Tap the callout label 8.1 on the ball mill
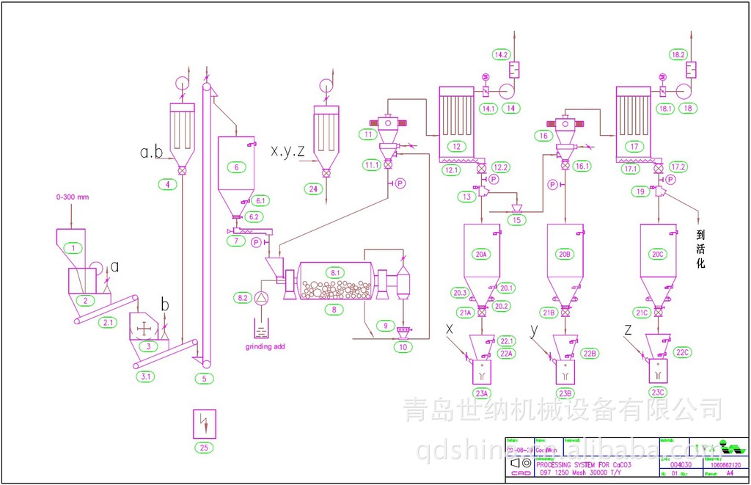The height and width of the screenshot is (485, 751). [x=335, y=272]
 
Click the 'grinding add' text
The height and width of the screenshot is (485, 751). [x=264, y=346]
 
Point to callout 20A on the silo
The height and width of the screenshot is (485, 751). [x=481, y=255]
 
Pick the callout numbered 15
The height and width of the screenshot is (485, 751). [x=519, y=219]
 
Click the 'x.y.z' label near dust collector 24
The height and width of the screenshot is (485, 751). [x=287, y=152]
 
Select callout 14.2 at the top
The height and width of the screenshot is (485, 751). [x=502, y=54]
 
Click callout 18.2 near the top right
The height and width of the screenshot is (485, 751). [x=678, y=54]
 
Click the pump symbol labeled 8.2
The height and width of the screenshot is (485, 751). [x=263, y=296]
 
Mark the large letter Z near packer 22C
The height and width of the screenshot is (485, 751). [x=628, y=332]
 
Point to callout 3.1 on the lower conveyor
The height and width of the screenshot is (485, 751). [x=146, y=376]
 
